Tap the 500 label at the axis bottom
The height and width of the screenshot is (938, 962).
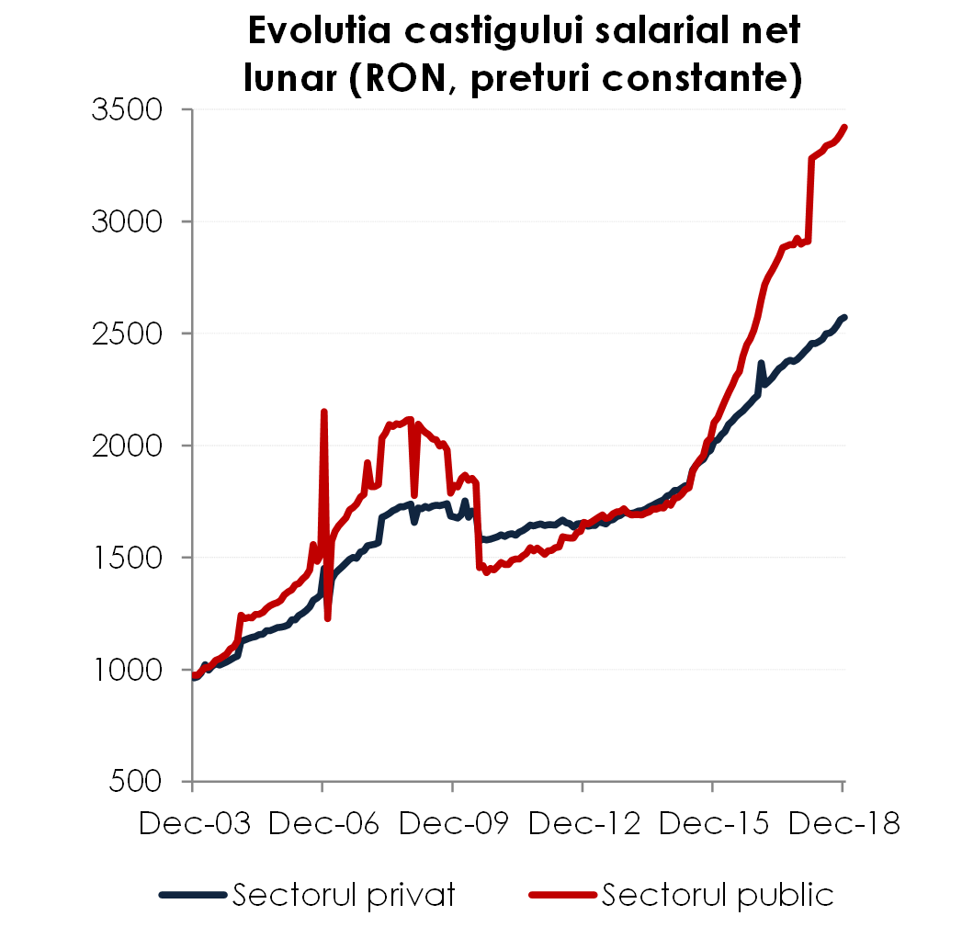click(140, 782)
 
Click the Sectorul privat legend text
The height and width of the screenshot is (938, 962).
click(344, 894)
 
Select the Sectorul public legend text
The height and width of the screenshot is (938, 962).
click(718, 894)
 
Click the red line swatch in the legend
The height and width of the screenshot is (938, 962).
click(562, 894)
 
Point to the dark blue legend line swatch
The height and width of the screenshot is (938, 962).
click(192, 894)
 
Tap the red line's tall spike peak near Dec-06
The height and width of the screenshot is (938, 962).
click(323, 412)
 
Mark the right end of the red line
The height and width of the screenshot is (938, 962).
click(844, 127)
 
